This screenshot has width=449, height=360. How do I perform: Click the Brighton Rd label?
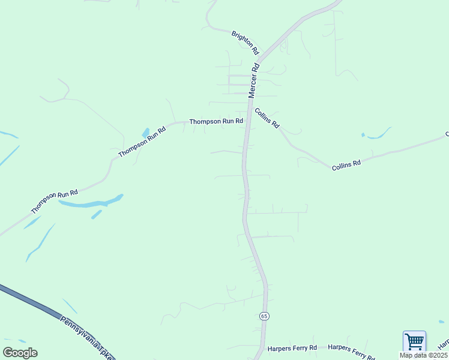245,42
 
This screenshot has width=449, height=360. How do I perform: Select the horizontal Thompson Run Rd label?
216,121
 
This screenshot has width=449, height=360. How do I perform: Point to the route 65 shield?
265,316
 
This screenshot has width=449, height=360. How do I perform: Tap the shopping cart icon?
414,341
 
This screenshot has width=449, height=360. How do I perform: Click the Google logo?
20,353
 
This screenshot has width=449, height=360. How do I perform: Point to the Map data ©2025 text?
423,355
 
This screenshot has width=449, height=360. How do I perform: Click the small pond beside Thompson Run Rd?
145,133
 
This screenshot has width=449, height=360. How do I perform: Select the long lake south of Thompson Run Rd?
90,203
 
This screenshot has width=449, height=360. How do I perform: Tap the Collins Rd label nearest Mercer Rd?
267,118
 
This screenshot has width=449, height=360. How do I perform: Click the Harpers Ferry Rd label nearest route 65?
287,347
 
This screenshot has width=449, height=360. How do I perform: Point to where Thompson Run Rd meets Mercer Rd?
248,122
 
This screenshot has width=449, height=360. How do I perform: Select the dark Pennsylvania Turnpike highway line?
36,306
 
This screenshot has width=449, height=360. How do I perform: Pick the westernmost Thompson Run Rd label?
55,202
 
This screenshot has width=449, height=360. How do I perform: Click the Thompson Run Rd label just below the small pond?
142,142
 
